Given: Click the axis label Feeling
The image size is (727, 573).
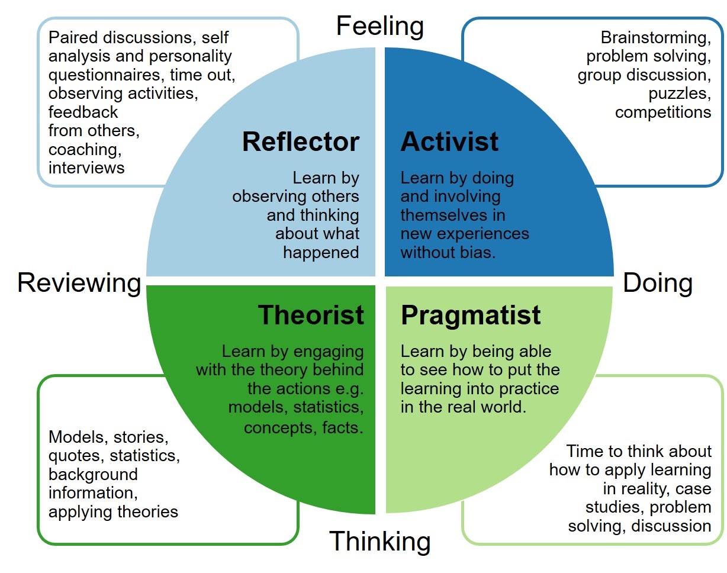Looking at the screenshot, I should (x=379, y=27).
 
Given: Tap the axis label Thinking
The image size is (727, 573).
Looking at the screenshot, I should (x=379, y=541).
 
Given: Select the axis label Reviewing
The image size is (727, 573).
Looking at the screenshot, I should (x=79, y=283).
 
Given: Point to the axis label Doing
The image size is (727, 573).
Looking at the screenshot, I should (x=658, y=283).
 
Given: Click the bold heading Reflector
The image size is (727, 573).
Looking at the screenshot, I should (x=300, y=142).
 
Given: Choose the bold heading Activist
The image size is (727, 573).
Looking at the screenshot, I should (x=449, y=142).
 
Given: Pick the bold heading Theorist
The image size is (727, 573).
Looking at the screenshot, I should (x=311, y=315).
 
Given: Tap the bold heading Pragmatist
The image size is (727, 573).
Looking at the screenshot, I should (x=471, y=315).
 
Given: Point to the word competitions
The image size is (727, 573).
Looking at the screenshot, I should (x=663, y=112).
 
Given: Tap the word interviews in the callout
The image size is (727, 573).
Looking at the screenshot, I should (x=86, y=168).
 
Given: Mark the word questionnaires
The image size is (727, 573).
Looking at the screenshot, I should (x=105, y=75).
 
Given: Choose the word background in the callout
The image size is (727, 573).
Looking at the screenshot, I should (x=93, y=474).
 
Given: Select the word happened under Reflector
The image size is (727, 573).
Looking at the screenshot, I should (x=321, y=252).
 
